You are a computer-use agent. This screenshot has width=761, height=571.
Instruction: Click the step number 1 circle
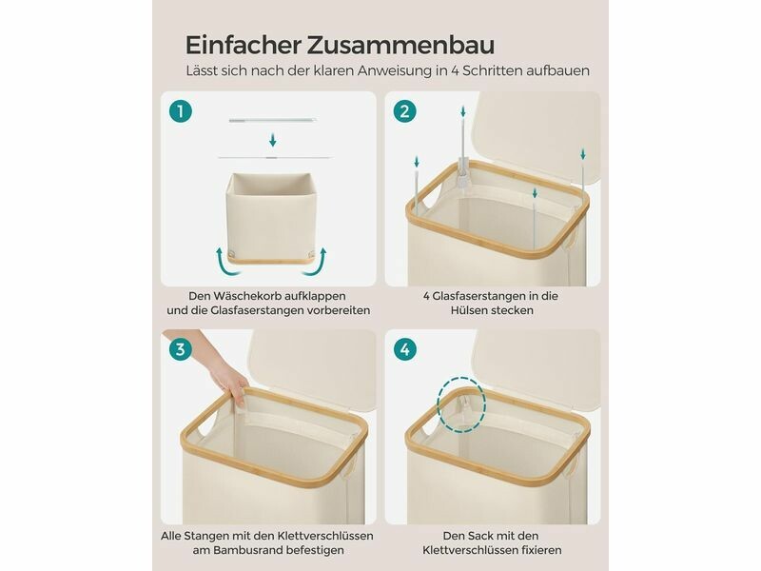click(181, 111)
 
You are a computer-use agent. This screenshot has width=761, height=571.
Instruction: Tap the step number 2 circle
click(405, 111)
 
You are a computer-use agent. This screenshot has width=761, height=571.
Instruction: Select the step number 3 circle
click(181, 349)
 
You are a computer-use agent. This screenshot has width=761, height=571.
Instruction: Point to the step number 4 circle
click(405, 349)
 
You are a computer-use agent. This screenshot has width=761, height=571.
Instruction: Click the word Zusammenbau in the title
click(400, 45)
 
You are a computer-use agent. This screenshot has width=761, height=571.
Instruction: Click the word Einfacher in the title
click(243, 45)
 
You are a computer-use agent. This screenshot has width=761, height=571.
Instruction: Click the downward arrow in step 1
click(273, 140)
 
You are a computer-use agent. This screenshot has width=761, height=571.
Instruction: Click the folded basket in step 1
click(270, 219)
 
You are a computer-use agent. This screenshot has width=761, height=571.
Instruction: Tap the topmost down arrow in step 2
click(463, 111)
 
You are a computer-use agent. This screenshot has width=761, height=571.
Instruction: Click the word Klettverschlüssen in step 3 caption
click(325, 536)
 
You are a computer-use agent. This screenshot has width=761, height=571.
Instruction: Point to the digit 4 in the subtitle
click(455, 70)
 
